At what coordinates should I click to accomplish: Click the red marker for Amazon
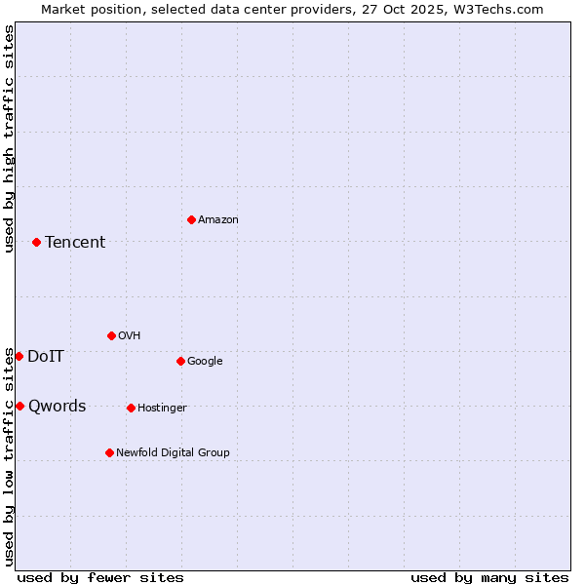coord(191,219)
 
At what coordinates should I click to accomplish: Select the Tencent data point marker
coord(36,242)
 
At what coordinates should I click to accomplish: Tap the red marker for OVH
coord(111,335)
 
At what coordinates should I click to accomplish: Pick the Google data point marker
coord(180,361)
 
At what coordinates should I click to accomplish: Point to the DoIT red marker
coord(19,356)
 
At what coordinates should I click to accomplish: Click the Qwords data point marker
coord(19,406)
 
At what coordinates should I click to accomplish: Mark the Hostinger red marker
coord(131,408)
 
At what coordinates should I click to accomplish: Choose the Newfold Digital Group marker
coord(109,452)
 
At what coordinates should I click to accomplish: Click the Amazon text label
coord(218,220)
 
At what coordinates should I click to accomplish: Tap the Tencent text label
coord(75,243)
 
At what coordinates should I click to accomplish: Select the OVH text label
coord(130,336)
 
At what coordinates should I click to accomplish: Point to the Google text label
coord(205,362)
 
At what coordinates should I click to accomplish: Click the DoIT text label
coord(46,357)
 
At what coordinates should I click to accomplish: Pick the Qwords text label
coord(58,407)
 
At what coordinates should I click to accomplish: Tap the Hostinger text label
coord(162,409)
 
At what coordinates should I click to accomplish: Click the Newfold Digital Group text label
coord(173,453)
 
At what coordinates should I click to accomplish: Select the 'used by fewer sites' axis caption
coord(100,577)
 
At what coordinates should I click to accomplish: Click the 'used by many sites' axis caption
coord(489,577)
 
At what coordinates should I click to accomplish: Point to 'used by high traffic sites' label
coord(9,138)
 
